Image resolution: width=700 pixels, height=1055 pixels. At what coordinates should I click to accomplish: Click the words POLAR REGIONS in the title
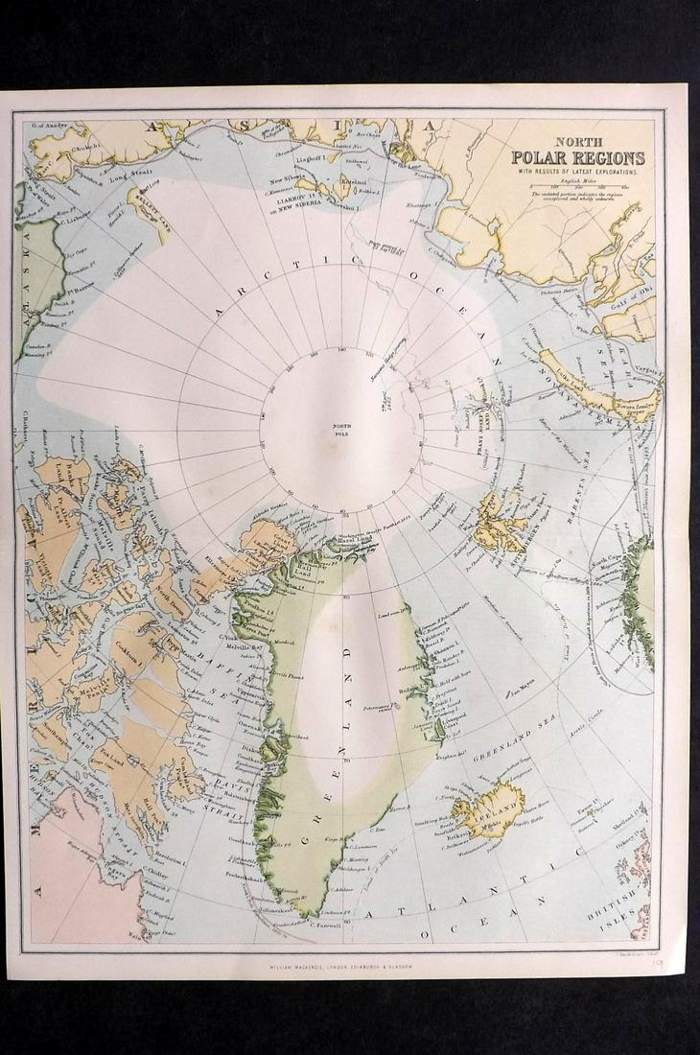coord(577,158)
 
